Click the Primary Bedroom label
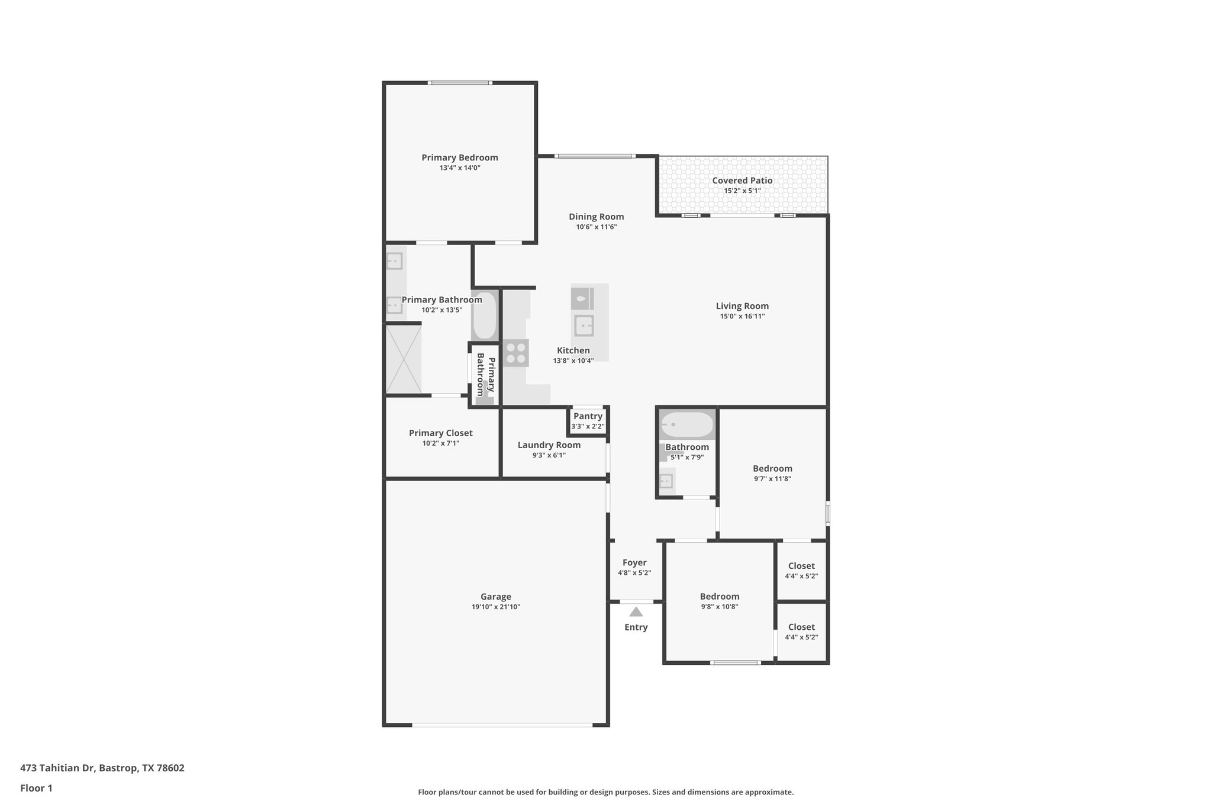tap(459, 157)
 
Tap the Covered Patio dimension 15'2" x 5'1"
tap(742, 191)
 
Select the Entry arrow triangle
tap(636, 612)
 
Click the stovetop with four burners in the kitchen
tap(515, 353)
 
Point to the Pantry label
tap(588, 416)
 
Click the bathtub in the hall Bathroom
tap(686, 424)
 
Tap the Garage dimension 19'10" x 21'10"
tap(495, 607)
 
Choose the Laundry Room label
tap(549, 445)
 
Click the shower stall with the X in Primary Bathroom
tap(404, 359)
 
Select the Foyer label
tap(634, 563)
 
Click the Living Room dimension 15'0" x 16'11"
tap(742, 317)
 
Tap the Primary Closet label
tap(440, 433)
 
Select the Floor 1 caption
tap(36, 788)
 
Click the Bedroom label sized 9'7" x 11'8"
tap(772, 469)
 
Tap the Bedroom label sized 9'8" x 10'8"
tap(719, 597)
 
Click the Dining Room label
tap(596, 217)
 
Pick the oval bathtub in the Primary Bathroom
tap(485, 316)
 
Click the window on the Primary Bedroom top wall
tap(460, 83)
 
